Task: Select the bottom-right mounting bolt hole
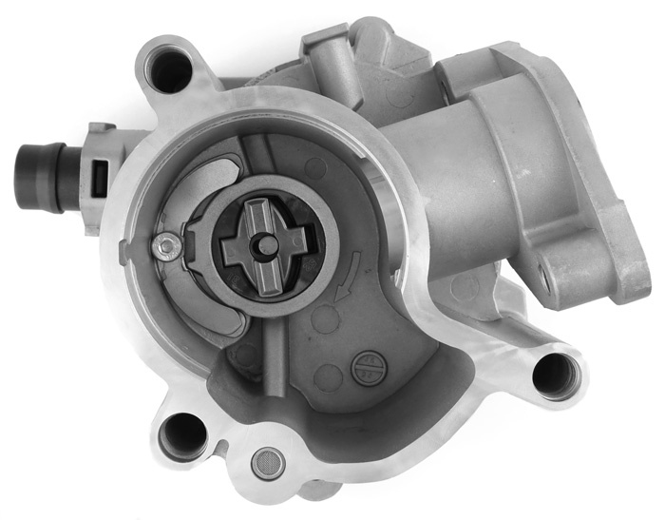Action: click(555, 374)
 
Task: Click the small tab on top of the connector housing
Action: click(99, 130)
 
